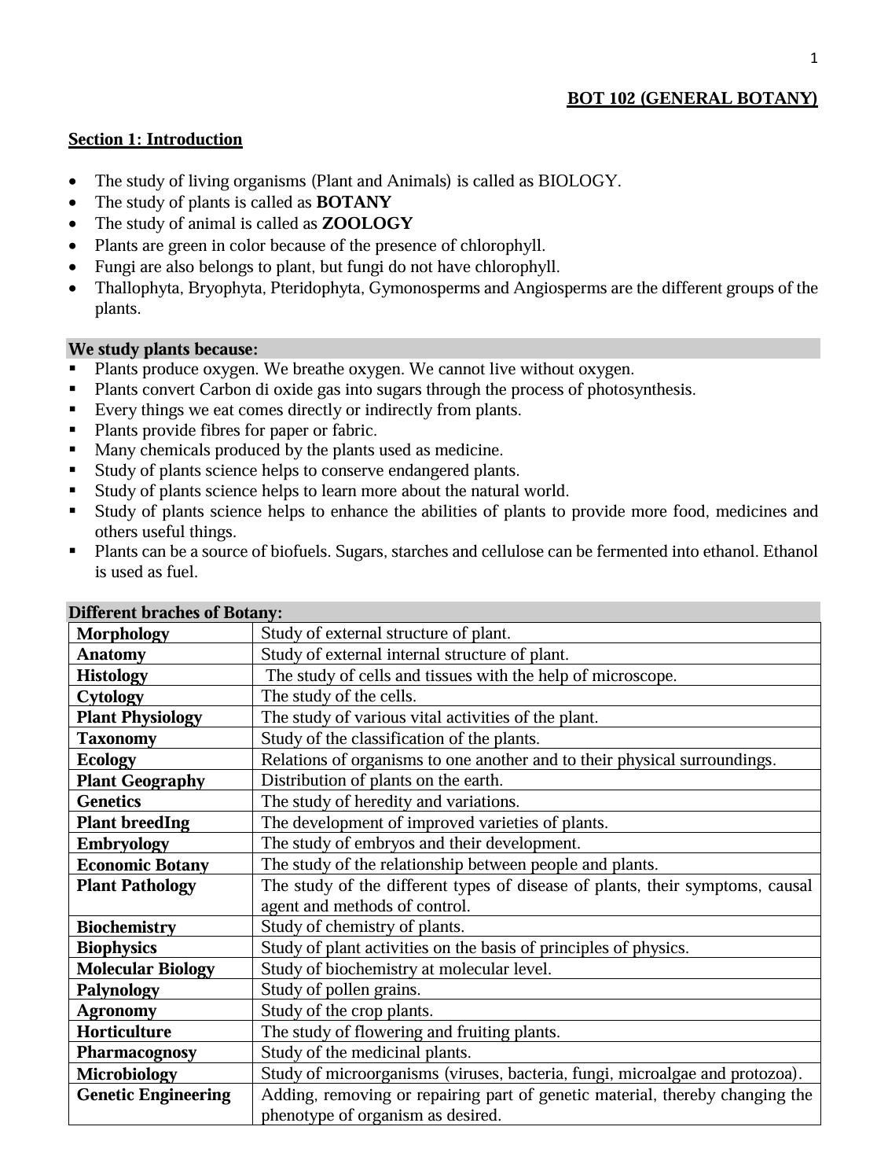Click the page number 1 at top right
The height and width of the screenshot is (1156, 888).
[x=813, y=57]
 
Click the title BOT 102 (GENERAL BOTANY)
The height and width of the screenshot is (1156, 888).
[x=692, y=98]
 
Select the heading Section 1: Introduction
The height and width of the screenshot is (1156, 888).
[x=155, y=139]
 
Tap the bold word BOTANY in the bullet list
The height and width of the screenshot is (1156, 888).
[x=353, y=202]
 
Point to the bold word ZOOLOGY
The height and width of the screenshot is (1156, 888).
[x=367, y=223]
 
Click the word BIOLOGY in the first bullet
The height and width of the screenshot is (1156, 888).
[x=578, y=181]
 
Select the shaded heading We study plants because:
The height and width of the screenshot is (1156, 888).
[x=163, y=348]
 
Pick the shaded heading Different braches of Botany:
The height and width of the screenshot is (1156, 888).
[x=175, y=612]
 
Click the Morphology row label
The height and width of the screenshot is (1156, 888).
[x=123, y=634]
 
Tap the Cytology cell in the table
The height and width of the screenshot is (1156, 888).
[x=110, y=697]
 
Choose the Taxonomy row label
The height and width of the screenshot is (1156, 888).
[x=116, y=738]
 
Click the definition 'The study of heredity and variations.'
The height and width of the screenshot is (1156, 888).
[x=390, y=801]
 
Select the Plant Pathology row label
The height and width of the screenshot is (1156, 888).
[x=136, y=885]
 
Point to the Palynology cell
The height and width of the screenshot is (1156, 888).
[x=118, y=990]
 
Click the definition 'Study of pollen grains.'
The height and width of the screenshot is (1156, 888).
[x=340, y=989]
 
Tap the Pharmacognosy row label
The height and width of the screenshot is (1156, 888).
[x=136, y=1052]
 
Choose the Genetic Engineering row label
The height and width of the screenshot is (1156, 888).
[x=153, y=1095]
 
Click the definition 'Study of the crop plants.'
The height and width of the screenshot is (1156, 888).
[x=347, y=1011]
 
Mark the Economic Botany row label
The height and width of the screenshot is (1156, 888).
[x=142, y=865]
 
